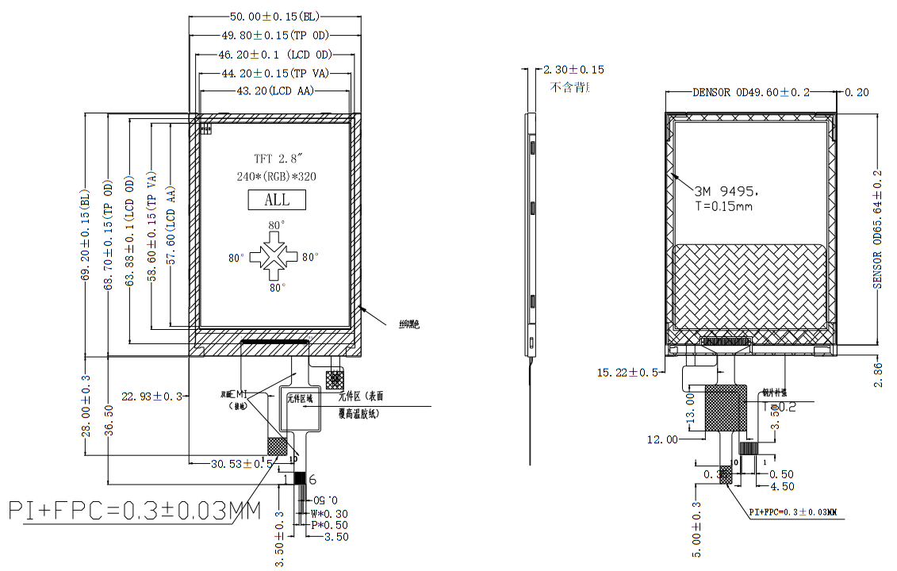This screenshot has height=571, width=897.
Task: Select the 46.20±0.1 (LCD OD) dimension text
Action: [x=274, y=55]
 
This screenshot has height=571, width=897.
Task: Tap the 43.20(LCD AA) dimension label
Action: [x=275, y=91]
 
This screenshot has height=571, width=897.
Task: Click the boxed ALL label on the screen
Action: [x=277, y=200]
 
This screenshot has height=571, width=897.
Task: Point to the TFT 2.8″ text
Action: [x=276, y=159]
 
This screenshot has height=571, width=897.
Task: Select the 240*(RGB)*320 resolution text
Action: [x=276, y=177]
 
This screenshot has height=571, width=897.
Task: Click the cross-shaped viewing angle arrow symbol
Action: [x=275, y=257]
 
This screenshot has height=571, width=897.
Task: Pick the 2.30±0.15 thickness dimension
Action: [x=573, y=70]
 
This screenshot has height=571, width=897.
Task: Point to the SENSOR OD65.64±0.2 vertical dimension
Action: [x=878, y=229]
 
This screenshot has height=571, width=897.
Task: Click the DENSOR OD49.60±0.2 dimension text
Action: [x=750, y=92]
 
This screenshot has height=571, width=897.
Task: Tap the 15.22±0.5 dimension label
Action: [x=627, y=372]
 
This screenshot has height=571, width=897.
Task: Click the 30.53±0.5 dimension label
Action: [x=241, y=463]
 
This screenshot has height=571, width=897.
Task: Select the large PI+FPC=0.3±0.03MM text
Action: [x=134, y=512]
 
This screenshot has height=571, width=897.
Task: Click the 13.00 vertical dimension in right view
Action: [x=690, y=408]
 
